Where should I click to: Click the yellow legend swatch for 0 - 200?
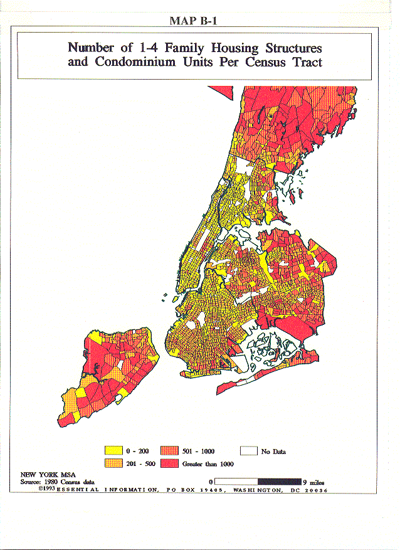coord(113,450)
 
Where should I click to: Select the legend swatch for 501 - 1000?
coord(170,450)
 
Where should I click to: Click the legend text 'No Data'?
coord(273,451)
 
